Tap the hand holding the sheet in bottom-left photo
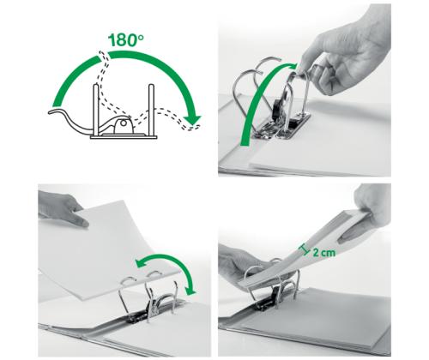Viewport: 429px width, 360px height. tap(64, 210)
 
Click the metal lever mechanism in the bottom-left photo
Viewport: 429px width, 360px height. tap(146, 313)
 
